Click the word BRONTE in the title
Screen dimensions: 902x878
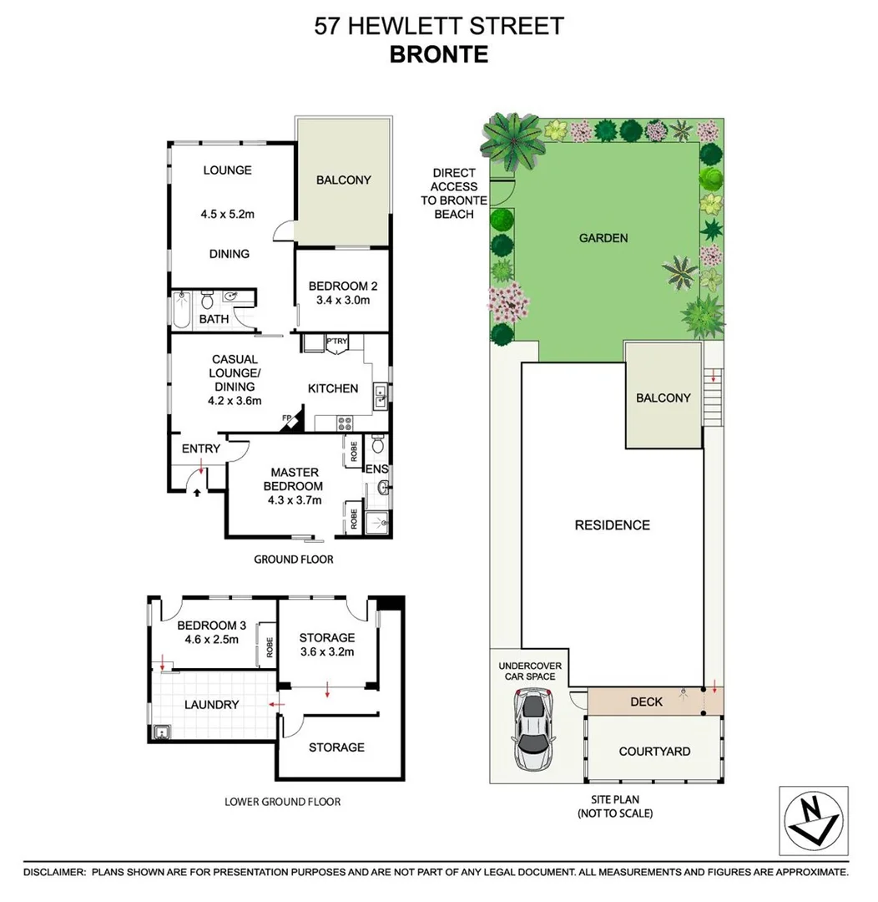tap(439, 54)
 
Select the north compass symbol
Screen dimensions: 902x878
tap(813, 820)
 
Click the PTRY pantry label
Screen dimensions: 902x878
tap(337, 342)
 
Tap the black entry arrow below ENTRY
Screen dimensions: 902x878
tap(197, 493)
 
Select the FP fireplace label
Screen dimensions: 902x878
tap(286, 418)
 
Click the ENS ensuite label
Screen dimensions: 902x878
tap(377, 469)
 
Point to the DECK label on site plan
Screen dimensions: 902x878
tap(646, 702)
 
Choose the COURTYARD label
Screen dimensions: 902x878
tap(654, 751)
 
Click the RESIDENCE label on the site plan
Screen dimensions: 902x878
tap(612, 525)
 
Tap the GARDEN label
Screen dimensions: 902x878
tap(603, 238)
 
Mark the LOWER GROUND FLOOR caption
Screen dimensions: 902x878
tap(283, 802)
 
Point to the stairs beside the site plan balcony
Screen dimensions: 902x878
tap(713, 397)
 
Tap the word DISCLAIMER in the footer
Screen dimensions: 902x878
tap(55, 872)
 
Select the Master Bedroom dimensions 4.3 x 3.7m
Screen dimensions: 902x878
tap(294, 501)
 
